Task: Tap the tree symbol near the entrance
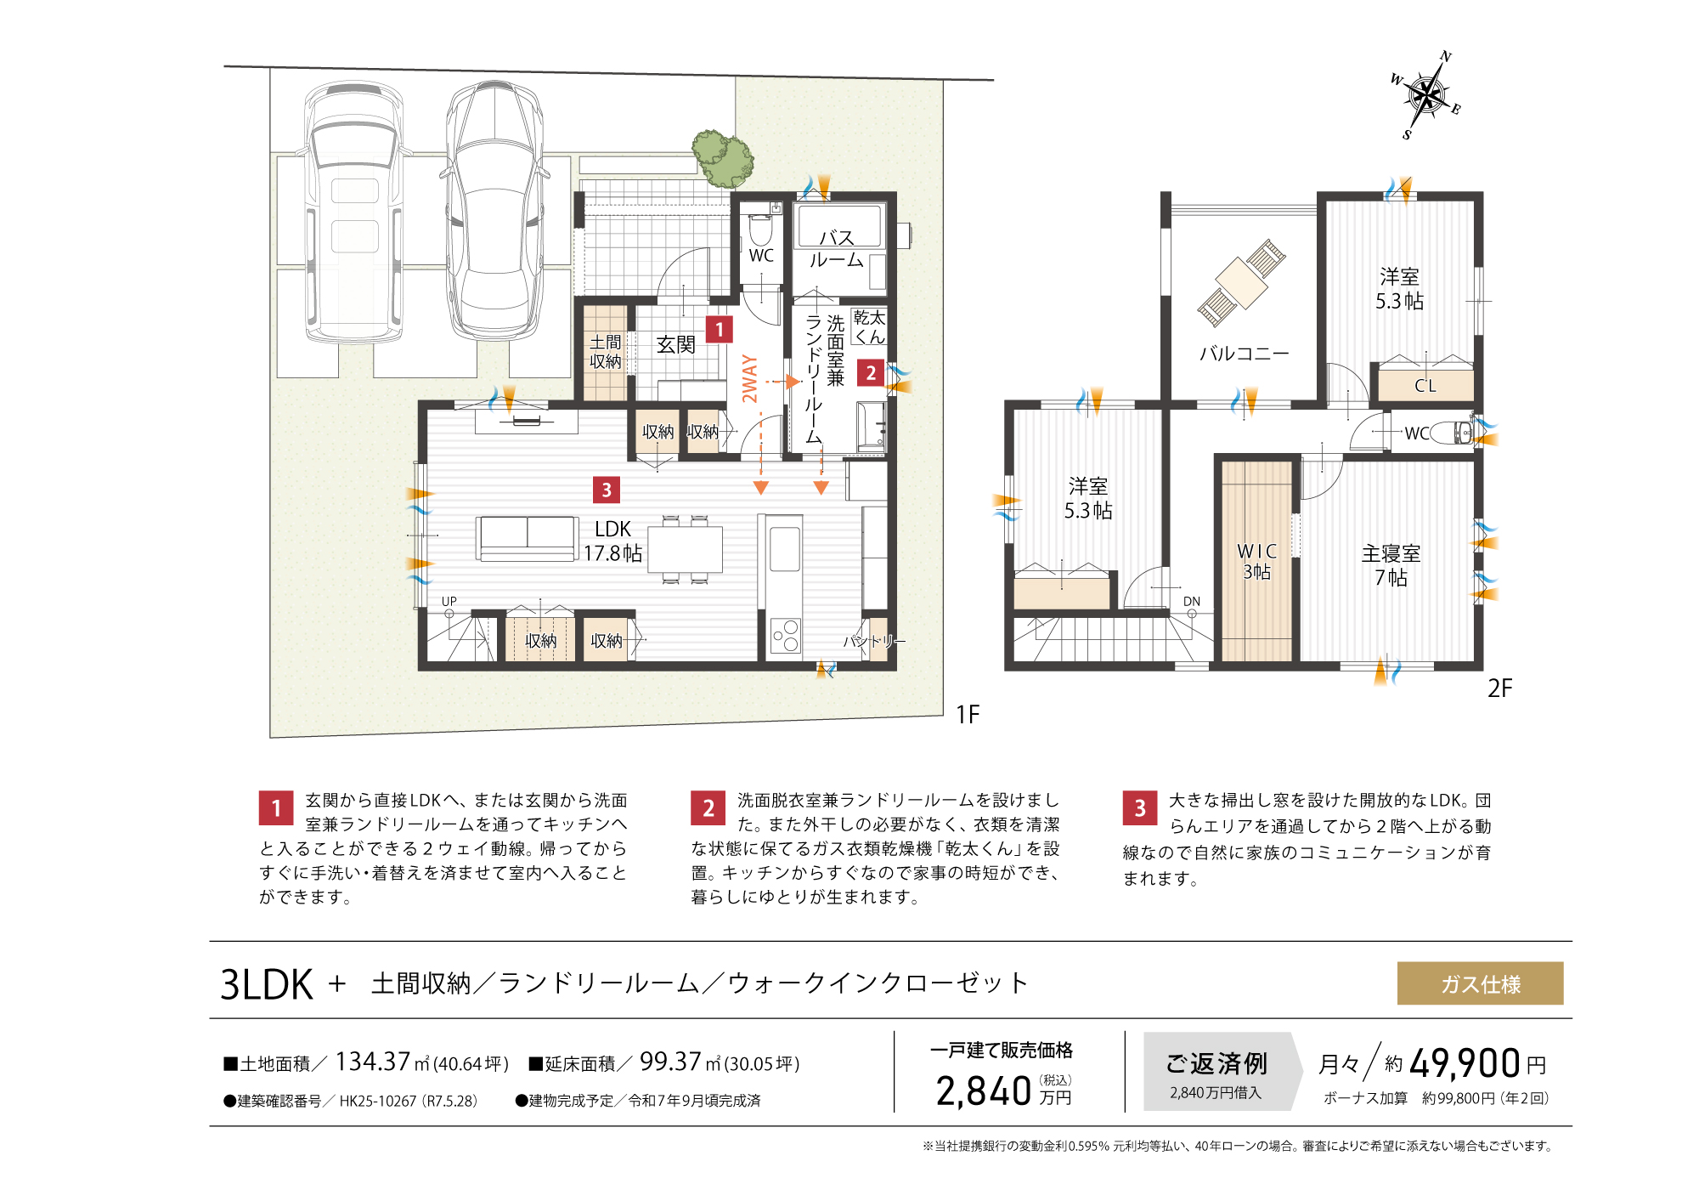pyautogui.click(x=723, y=158)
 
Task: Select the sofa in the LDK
pyautogui.click(x=527, y=538)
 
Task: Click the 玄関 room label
pyautogui.click(x=676, y=344)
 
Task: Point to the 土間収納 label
pyautogui.click(x=605, y=352)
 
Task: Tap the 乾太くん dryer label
pyautogui.click(x=869, y=327)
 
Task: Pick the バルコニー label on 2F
pyautogui.click(x=1244, y=353)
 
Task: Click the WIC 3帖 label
pyautogui.click(x=1256, y=561)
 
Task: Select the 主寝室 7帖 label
pyautogui.click(x=1391, y=565)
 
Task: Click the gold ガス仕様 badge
pyautogui.click(x=1480, y=983)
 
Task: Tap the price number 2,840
pyautogui.click(x=983, y=1091)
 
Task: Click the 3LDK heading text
pyautogui.click(x=267, y=984)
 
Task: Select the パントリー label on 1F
pyautogui.click(x=873, y=641)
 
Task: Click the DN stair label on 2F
pyautogui.click(x=1191, y=601)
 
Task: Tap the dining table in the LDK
pyautogui.click(x=685, y=549)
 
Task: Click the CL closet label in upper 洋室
pyautogui.click(x=1425, y=386)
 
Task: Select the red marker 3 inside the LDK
pyautogui.click(x=606, y=490)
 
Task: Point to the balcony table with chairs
pyautogui.click(x=1241, y=281)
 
